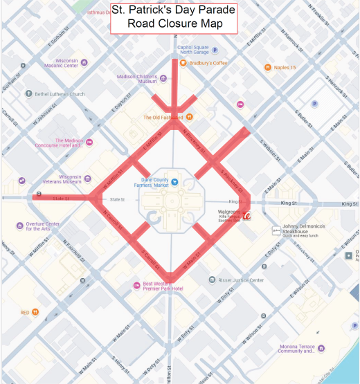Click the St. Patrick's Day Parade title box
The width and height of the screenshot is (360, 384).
174,18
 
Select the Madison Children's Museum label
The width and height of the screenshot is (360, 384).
138,79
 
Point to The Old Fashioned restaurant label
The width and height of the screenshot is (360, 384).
163,118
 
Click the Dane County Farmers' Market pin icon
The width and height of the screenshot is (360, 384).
174,183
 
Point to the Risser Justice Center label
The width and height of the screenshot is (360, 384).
242,280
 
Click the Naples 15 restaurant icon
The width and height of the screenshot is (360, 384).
268,67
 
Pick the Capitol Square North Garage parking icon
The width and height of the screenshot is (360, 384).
215,50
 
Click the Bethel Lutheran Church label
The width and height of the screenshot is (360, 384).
60,94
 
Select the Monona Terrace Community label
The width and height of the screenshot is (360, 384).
298,349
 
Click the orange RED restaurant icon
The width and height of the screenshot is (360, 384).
35,313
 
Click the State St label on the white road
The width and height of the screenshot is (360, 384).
117,200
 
